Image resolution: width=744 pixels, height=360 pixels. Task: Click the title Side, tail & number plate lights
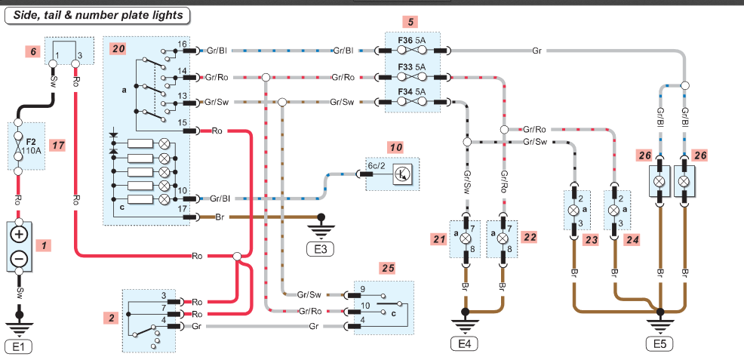pyautogui.click(x=97, y=16)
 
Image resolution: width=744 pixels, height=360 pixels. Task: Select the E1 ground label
pyautogui.click(x=18, y=347)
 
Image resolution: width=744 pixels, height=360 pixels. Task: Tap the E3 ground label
pyautogui.click(x=321, y=248)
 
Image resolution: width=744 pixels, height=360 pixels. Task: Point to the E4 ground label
pyautogui.click(x=465, y=344)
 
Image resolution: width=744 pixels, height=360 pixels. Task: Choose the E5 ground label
pyautogui.click(x=660, y=344)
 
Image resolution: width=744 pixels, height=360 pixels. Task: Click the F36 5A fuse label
pyautogui.click(x=411, y=41)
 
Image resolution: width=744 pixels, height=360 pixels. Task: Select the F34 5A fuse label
pyautogui.click(x=411, y=91)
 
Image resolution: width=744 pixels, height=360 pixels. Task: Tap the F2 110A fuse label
pyautogui.click(x=32, y=145)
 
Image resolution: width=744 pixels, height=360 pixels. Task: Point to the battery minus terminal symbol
pyautogui.click(x=19, y=259)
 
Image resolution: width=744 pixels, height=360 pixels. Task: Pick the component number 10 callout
pyautogui.click(x=396, y=147)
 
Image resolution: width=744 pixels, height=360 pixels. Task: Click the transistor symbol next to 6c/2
pyautogui.click(x=403, y=174)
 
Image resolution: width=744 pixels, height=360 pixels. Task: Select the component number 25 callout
pyautogui.click(x=388, y=269)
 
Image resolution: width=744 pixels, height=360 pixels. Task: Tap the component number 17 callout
pyautogui.click(x=57, y=145)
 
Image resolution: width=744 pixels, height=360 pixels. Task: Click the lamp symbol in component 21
pyautogui.click(x=466, y=238)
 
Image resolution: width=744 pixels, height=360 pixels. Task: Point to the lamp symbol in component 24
pyautogui.click(x=613, y=209)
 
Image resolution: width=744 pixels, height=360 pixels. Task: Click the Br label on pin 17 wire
pyautogui.click(x=220, y=217)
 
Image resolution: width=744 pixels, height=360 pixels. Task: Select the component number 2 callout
pyautogui.click(x=112, y=318)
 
